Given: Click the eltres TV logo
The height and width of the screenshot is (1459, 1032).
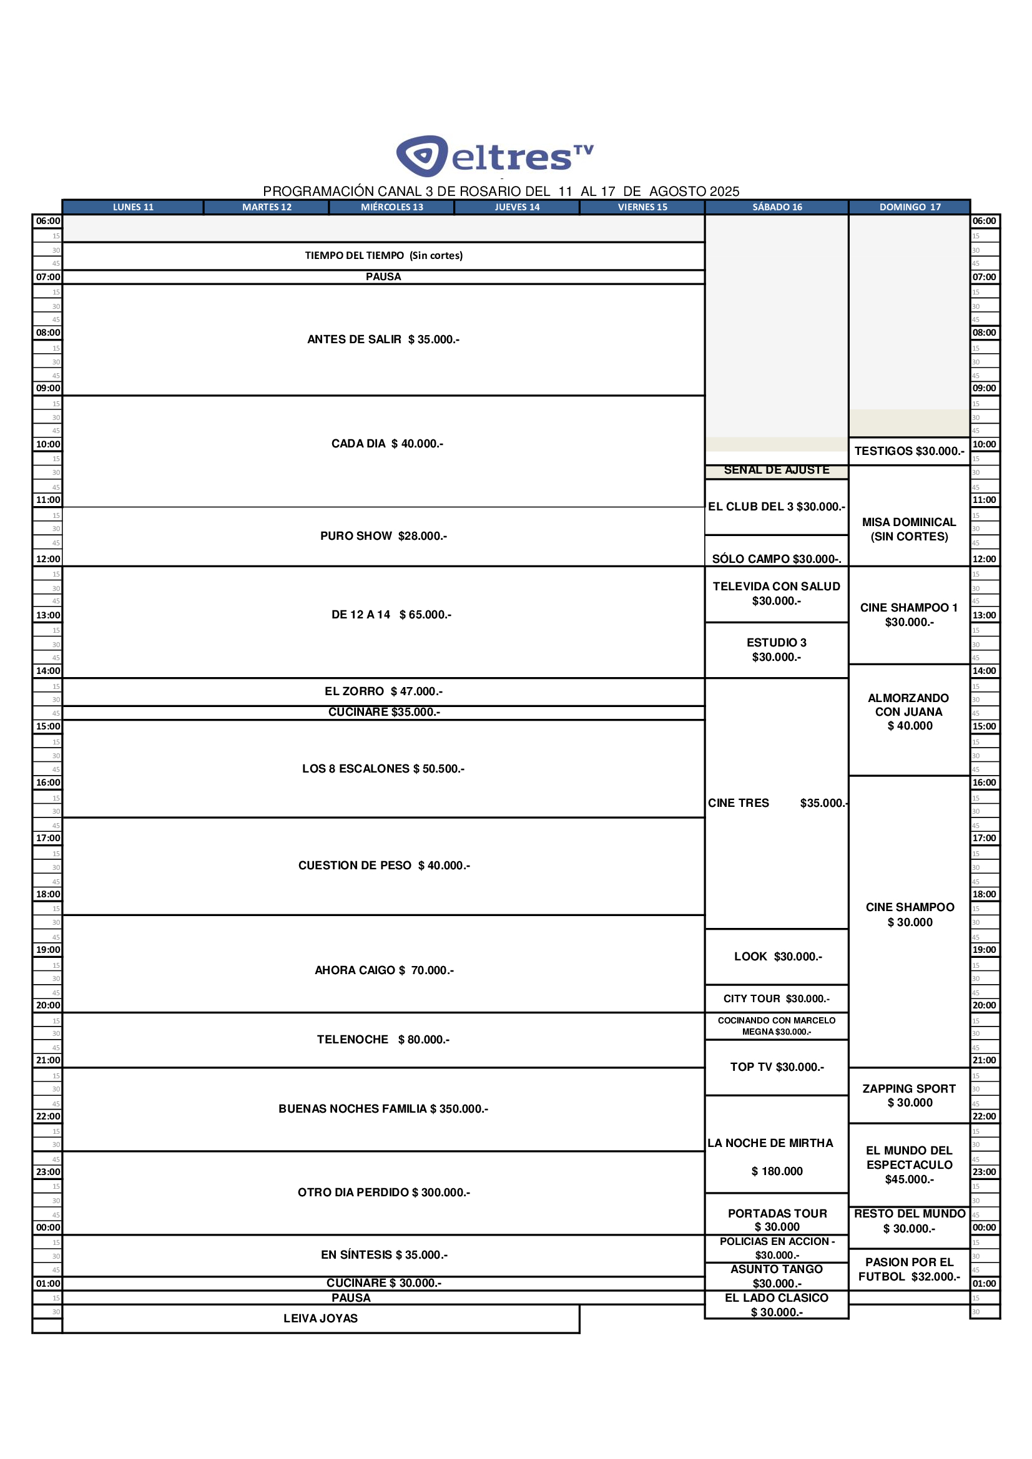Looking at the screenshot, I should [x=494, y=155].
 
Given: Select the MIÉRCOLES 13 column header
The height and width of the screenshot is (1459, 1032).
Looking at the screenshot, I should [x=391, y=207].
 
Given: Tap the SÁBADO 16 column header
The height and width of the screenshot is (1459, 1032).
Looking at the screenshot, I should [x=777, y=207].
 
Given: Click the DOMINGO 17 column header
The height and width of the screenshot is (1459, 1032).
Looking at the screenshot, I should [x=909, y=207].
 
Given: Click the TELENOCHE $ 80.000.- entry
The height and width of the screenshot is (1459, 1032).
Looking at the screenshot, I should [x=383, y=1040].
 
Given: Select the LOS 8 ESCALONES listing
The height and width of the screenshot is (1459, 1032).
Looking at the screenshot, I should [x=383, y=769].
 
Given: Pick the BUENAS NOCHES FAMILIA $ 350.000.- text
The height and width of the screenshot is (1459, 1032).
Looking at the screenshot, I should [x=383, y=1109].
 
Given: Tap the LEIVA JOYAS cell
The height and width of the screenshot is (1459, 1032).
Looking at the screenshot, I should [x=320, y=1319].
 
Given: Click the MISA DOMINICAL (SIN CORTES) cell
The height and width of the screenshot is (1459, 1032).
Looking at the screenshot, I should [x=908, y=529].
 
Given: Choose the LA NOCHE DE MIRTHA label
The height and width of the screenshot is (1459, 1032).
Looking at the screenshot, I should [x=770, y=1143].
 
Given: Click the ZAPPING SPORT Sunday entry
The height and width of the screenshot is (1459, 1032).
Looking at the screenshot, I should [x=908, y=1096].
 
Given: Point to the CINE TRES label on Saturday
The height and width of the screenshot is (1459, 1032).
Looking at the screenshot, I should [x=738, y=803].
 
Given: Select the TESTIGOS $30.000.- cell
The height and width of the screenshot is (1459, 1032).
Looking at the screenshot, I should [x=908, y=451].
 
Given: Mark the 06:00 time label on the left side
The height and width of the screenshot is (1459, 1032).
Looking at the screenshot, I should [x=47, y=221].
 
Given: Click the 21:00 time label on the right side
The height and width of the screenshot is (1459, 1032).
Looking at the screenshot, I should [x=984, y=1060].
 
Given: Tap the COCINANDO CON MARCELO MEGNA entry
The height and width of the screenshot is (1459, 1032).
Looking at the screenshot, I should [x=777, y=1026].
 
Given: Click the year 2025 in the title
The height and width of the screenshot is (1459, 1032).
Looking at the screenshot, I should [x=724, y=192].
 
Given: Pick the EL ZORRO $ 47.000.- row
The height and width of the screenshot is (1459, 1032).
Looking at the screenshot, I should [x=383, y=691].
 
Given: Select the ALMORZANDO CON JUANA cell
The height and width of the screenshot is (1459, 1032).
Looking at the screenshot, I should [x=908, y=711].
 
